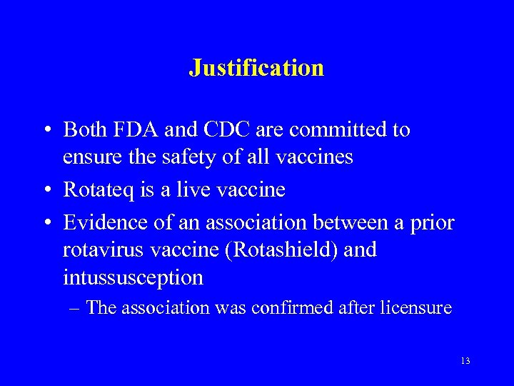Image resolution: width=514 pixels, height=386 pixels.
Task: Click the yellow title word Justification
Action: [256, 68]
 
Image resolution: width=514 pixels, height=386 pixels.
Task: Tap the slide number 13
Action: [465, 361]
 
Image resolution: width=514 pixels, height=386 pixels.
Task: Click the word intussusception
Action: [133, 277]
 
